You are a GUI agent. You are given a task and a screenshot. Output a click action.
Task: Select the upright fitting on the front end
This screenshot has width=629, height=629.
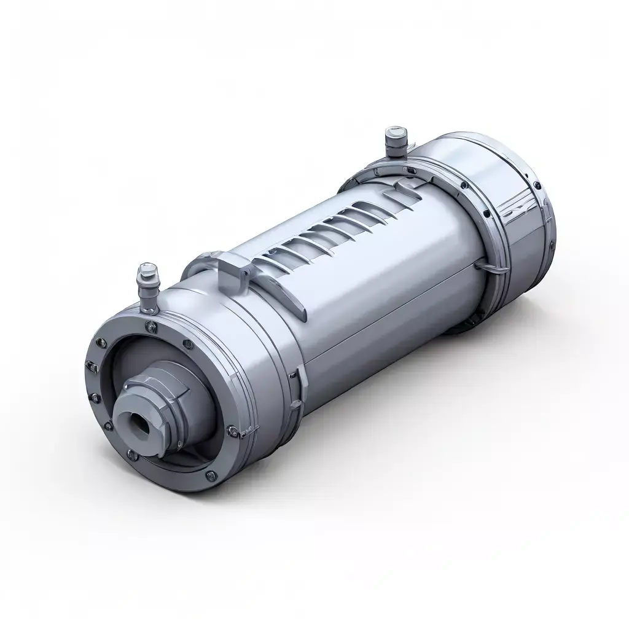coord(148,286)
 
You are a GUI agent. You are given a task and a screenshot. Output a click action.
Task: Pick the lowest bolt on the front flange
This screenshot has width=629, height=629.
coord(211,474)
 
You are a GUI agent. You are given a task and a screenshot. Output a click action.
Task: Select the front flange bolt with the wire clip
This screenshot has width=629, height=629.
coord(232,430)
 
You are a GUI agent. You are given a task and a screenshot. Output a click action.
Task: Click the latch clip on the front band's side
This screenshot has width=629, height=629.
coord(299,387)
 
